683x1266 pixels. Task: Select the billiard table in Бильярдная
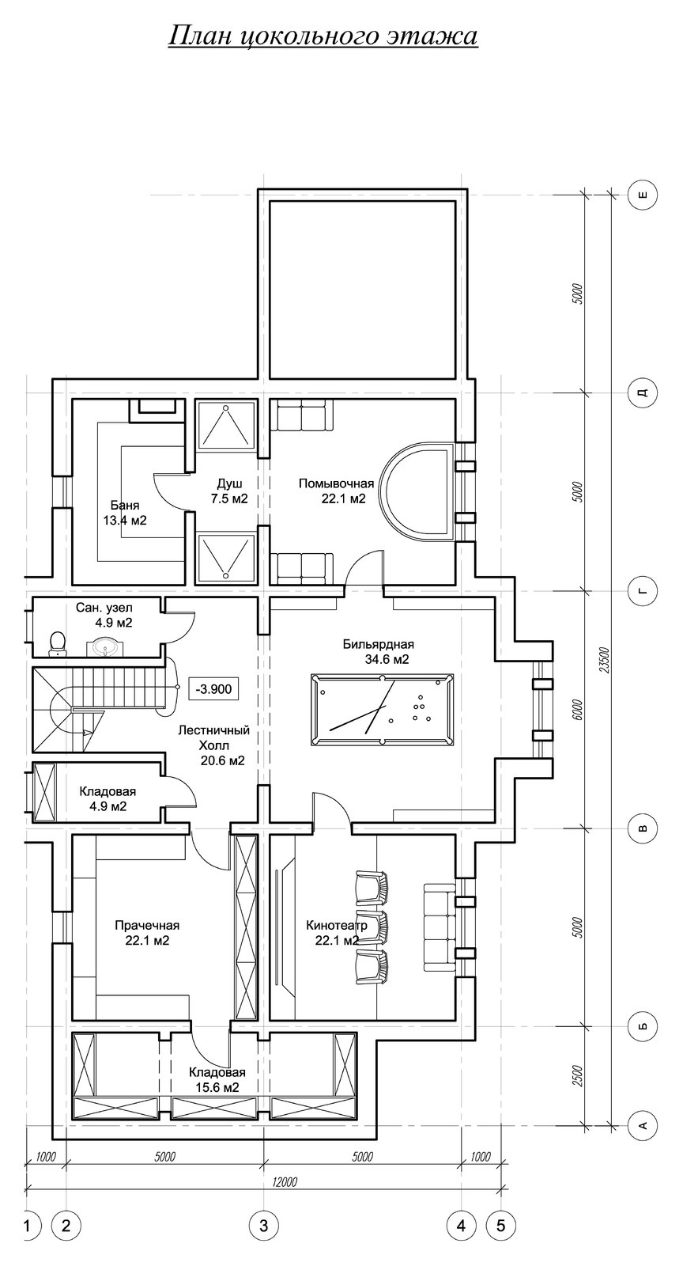tap(382, 709)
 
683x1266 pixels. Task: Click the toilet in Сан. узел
tap(57, 644)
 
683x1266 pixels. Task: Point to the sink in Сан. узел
tap(104, 647)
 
